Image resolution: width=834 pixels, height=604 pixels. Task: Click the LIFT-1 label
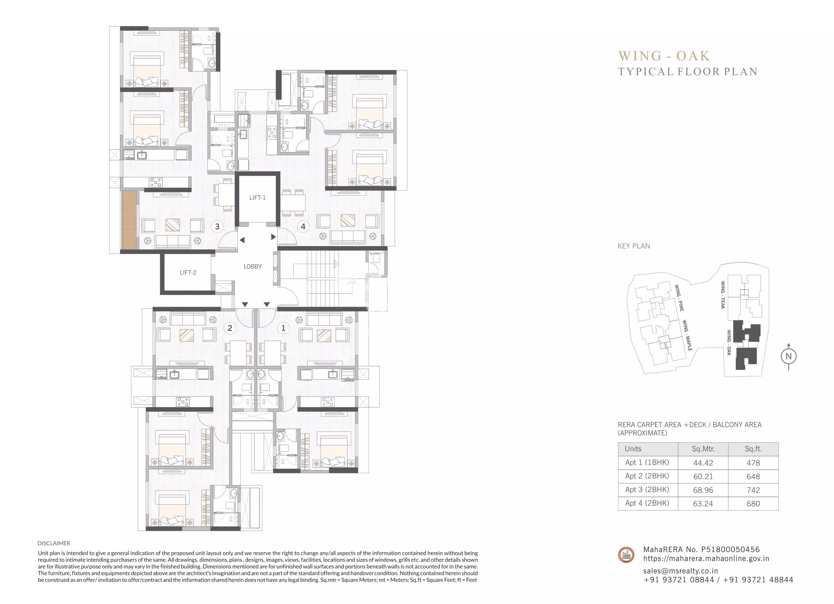coord(257,198)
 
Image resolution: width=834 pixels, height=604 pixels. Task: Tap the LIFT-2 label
coord(188,273)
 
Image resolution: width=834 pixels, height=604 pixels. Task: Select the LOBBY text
coord(253,267)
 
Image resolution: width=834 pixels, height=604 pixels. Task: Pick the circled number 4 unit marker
coord(303,227)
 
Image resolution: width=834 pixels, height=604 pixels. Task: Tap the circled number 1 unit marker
coord(283,328)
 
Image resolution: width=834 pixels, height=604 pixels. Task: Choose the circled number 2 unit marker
coord(230,328)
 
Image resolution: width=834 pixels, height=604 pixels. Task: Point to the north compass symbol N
coord(788,356)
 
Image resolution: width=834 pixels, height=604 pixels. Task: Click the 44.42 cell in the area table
coord(703,463)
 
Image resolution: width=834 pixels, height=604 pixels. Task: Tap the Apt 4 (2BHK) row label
coord(647,503)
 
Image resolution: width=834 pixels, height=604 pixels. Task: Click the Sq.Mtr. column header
coord(703,449)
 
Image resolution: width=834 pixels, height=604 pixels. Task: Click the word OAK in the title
coord(693,56)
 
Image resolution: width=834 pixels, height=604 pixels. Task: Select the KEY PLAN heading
coord(634,246)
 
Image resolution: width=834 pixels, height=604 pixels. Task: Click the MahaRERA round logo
coord(626,555)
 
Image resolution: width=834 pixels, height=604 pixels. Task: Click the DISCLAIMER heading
coord(54,543)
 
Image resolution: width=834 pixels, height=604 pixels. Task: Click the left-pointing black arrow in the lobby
coord(242,240)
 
